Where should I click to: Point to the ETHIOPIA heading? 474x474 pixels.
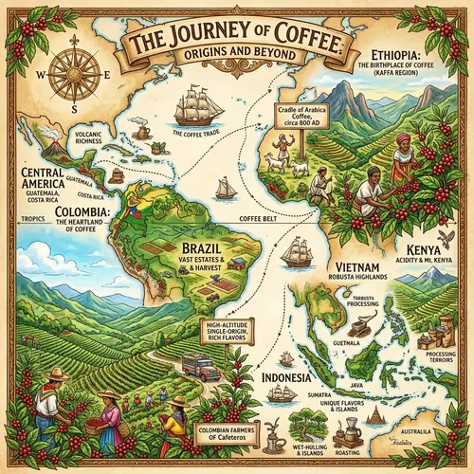tap(385, 53)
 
